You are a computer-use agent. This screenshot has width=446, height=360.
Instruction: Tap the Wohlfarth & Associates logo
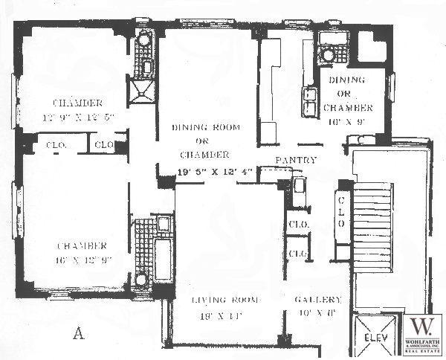(x=422, y=334)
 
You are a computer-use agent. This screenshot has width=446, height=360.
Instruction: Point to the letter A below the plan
(x=77, y=334)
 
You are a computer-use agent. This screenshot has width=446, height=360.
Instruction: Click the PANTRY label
(x=296, y=161)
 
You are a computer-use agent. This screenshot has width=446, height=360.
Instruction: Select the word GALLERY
(x=317, y=300)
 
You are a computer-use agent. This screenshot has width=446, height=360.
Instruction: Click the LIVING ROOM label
(x=225, y=300)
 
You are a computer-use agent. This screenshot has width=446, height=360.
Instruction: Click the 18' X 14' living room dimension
(x=224, y=315)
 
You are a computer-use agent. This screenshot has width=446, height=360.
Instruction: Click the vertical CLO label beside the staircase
(x=343, y=211)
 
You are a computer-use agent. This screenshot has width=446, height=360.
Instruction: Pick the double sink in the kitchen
(x=309, y=101)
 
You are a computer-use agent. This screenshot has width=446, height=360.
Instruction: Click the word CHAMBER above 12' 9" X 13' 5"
(x=77, y=103)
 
